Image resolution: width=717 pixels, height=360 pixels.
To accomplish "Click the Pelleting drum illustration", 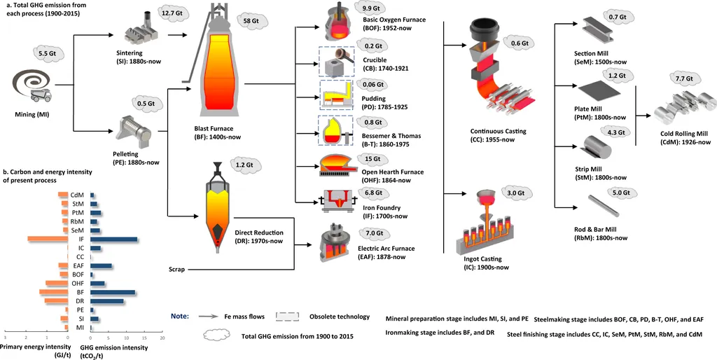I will coord(135,130).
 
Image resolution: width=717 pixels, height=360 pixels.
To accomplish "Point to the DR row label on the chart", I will coord(81,301).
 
